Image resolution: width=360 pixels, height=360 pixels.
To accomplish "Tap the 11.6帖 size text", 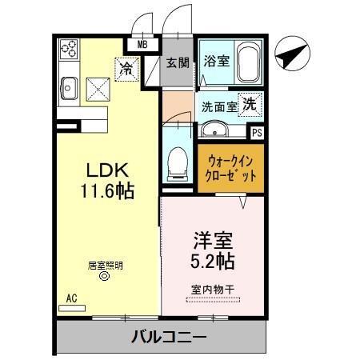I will tap(108, 192).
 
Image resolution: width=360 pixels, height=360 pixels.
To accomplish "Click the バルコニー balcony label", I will tap(169, 337).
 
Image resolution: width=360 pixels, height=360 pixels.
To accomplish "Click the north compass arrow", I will tap(290, 58).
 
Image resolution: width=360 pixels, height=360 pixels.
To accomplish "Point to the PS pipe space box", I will tap(256, 134).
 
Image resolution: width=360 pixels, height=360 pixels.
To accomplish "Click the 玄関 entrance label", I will tap(177, 62).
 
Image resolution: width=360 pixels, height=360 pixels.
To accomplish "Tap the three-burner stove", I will tap(68, 50).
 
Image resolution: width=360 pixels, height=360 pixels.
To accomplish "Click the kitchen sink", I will tap(66, 86).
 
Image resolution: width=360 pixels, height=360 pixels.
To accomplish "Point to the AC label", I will tap(71, 298).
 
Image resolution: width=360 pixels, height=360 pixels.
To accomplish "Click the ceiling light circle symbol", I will tap(102, 278).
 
